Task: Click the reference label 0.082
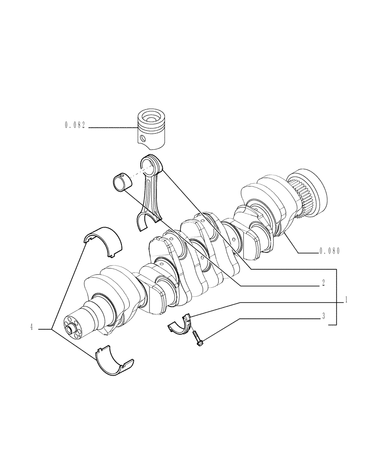tap(75, 125)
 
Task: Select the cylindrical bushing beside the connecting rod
tap(122, 182)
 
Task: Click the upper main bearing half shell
tap(103, 240)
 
